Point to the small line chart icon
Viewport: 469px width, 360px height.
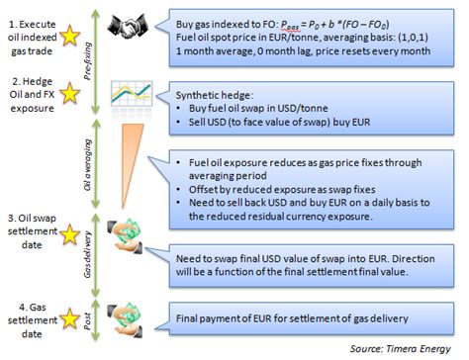[125, 96]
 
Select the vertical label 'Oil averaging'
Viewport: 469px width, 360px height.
[93, 163]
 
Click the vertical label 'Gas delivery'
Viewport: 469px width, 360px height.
[93, 256]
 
